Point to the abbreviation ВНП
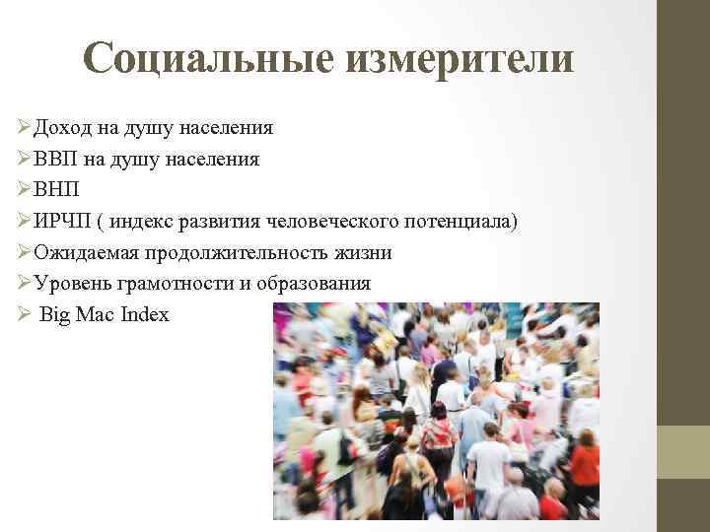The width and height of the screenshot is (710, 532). point(57,190)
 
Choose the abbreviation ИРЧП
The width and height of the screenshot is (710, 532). point(61,222)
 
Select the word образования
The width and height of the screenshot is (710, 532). point(314,284)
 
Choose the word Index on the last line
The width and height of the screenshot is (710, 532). point(144,315)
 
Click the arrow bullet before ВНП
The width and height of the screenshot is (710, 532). point(25,190)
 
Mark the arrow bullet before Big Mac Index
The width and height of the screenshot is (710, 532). point(25,315)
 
